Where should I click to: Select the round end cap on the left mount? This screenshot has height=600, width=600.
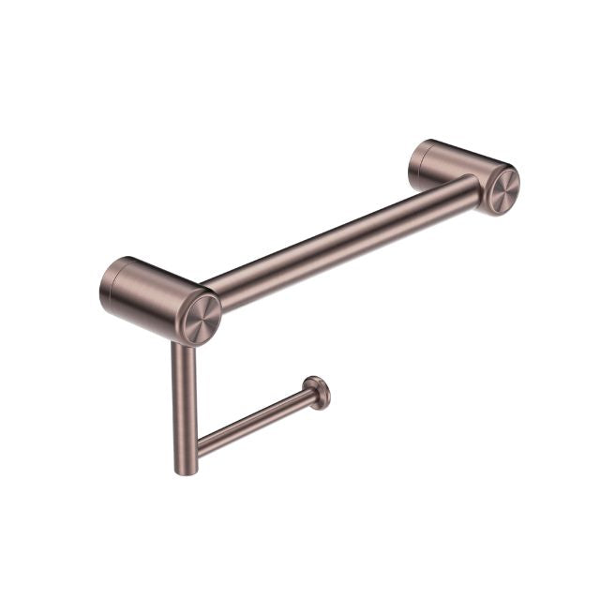click(x=201, y=318)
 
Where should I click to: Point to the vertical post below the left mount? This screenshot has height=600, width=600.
click(x=182, y=394)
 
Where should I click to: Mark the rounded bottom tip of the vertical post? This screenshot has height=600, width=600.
click(x=185, y=468)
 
